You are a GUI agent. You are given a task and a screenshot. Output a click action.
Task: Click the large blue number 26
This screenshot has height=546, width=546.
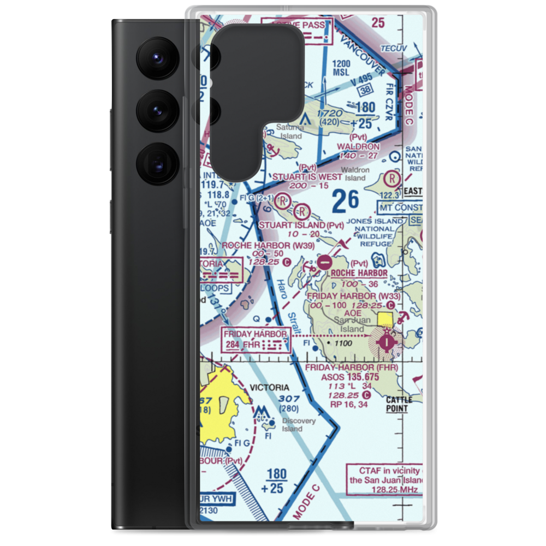point(345,202)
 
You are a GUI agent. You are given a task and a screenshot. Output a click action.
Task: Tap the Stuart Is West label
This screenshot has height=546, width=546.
point(307,176)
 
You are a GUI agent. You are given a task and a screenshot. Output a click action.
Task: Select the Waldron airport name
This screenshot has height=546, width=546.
point(358,147)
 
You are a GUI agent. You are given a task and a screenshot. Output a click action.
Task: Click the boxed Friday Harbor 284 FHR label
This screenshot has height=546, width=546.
point(256,339)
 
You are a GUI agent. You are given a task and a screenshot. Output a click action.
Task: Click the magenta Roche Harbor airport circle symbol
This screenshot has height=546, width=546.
point(324,262)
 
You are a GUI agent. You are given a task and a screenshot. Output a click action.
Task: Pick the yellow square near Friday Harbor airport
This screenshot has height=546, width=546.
point(386,319)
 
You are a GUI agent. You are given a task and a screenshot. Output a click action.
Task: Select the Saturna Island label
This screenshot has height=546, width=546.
point(289,132)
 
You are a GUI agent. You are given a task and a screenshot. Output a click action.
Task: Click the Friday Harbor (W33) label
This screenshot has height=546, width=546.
point(353,296)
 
